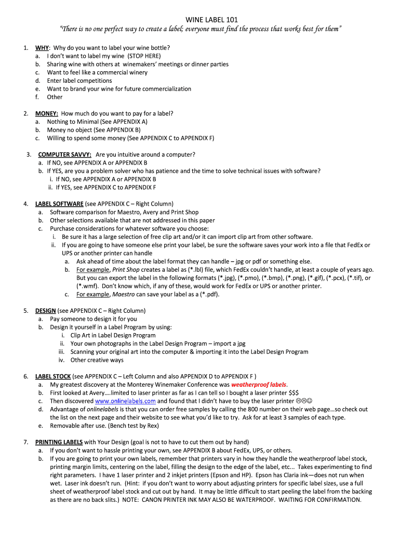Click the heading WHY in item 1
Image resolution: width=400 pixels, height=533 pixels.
(x=42, y=48)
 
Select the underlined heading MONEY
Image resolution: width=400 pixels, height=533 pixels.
(x=47, y=113)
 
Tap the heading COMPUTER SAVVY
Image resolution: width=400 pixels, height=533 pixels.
(x=65, y=155)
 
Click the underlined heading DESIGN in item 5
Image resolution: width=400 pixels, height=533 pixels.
(x=45, y=311)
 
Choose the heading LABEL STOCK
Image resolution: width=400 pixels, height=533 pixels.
(x=53, y=376)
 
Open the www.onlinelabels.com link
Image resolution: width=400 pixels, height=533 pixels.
(x=125, y=401)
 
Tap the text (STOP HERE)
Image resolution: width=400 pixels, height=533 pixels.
(x=144, y=56)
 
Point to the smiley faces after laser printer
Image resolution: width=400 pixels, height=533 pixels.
(x=304, y=401)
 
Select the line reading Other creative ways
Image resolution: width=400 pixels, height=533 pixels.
(x=97, y=360)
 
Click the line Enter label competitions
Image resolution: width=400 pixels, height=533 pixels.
(x=79, y=81)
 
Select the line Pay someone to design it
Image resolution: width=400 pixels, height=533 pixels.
(x=94, y=319)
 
